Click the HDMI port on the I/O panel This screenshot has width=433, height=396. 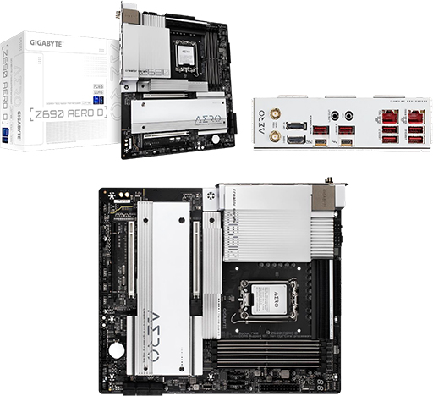(296, 138)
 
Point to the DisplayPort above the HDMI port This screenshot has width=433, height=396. (296, 125)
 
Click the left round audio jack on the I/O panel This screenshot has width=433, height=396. (337, 114)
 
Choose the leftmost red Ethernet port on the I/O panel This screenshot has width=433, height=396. (389, 117)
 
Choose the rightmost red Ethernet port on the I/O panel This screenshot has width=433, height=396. (415, 117)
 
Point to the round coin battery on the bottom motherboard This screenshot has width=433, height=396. (117, 349)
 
